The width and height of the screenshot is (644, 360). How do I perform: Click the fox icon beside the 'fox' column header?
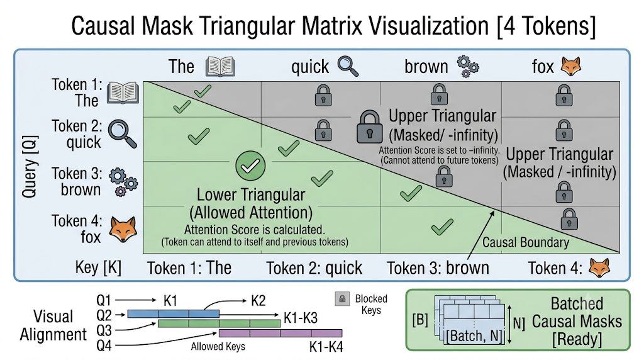point(571,66)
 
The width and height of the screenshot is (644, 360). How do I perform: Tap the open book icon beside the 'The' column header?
point(220,67)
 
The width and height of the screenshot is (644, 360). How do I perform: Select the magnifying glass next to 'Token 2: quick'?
point(123,133)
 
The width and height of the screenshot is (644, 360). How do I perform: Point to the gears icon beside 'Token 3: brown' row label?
point(123,182)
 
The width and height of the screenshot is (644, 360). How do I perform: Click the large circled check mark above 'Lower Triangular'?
point(250,166)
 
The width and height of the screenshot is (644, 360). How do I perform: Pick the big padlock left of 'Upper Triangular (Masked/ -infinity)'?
point(370,127)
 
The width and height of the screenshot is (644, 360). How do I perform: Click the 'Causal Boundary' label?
point(525,242)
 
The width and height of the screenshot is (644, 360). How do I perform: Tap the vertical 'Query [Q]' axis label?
point(30,166)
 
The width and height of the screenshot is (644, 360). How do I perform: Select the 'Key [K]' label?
point(98,267)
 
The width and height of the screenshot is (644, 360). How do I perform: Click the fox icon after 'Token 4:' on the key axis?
point(599,267)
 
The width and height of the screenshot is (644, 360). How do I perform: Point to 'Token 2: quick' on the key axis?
point(314,268)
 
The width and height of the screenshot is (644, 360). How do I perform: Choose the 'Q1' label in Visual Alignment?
point(104,300)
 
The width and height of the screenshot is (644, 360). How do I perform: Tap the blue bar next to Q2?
point(174,314)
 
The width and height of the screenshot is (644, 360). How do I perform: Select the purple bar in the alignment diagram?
point(280,333)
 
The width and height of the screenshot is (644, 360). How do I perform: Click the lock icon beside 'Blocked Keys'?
point(342,299)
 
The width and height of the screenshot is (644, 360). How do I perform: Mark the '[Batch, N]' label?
point(474,336)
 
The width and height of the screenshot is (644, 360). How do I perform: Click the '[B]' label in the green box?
point(419,320)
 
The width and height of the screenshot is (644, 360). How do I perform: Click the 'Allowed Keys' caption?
point(218,346)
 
